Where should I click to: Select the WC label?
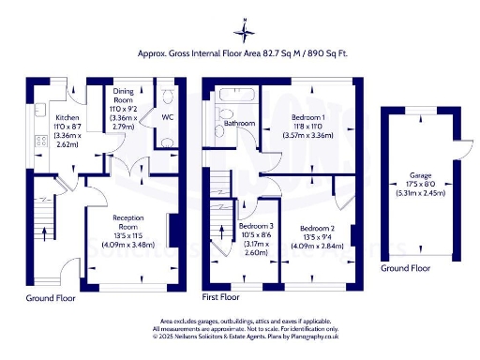click(167, 117)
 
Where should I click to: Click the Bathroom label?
click(239, 122)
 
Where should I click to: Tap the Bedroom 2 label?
click(318, 229)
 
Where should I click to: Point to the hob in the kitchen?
click(40, 142)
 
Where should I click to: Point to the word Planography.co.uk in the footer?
click(300, 336)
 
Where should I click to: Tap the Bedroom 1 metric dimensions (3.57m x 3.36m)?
click(309, 135)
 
